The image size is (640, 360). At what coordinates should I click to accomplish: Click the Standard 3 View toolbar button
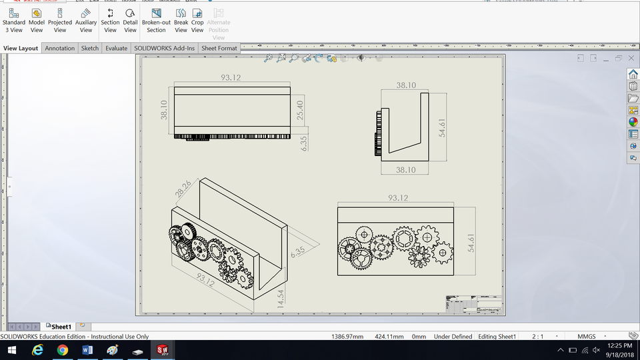[13, 20]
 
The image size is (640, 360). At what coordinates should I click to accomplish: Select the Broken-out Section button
[156, 20]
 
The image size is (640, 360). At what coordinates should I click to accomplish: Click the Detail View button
[130, 20]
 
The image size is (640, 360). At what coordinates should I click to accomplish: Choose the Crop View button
[197, 20]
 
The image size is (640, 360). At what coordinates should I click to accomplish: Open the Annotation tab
[60, 48]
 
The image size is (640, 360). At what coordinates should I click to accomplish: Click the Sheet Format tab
[219, 48]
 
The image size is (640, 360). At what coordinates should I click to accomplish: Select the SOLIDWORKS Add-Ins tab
[164, 48]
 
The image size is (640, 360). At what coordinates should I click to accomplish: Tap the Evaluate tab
[116, 48]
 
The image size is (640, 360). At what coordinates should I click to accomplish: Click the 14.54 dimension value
[280, 297]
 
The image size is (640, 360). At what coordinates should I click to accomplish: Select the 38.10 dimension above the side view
[406, 85]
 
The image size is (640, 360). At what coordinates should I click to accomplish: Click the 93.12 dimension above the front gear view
[397, 198]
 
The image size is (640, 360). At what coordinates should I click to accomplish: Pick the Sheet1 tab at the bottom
[61, 327]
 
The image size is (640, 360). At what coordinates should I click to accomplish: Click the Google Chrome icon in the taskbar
[62, 350]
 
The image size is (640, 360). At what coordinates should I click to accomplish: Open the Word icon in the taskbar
[87, 350]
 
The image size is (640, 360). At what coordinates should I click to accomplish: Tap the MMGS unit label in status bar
[586, 337]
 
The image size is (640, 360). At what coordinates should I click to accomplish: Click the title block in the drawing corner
[472, 303]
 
